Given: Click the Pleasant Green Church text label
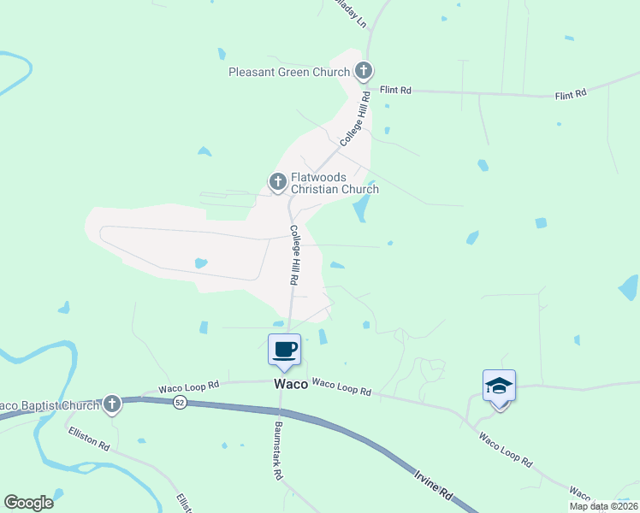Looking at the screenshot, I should (289, 72).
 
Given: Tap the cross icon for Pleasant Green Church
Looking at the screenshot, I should (363, 71).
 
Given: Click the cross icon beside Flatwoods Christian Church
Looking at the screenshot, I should (277, 181).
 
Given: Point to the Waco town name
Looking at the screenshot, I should (290, 385).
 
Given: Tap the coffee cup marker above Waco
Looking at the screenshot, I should (285, 350).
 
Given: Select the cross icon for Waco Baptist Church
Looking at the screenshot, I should (111, 404).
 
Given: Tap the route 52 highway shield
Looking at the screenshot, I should (180, 401).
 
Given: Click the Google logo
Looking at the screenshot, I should (28, 503).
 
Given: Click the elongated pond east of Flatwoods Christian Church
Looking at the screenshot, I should (363, 205).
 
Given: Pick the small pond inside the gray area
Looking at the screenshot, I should (200, 263).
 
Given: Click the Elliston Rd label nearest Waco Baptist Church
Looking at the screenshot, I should (90, 439).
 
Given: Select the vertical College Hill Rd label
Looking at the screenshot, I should (293, 255).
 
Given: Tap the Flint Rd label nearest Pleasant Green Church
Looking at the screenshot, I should (396, 89).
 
